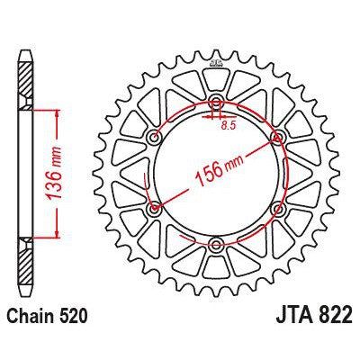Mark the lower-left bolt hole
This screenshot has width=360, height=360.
click(x=154, y=209)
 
